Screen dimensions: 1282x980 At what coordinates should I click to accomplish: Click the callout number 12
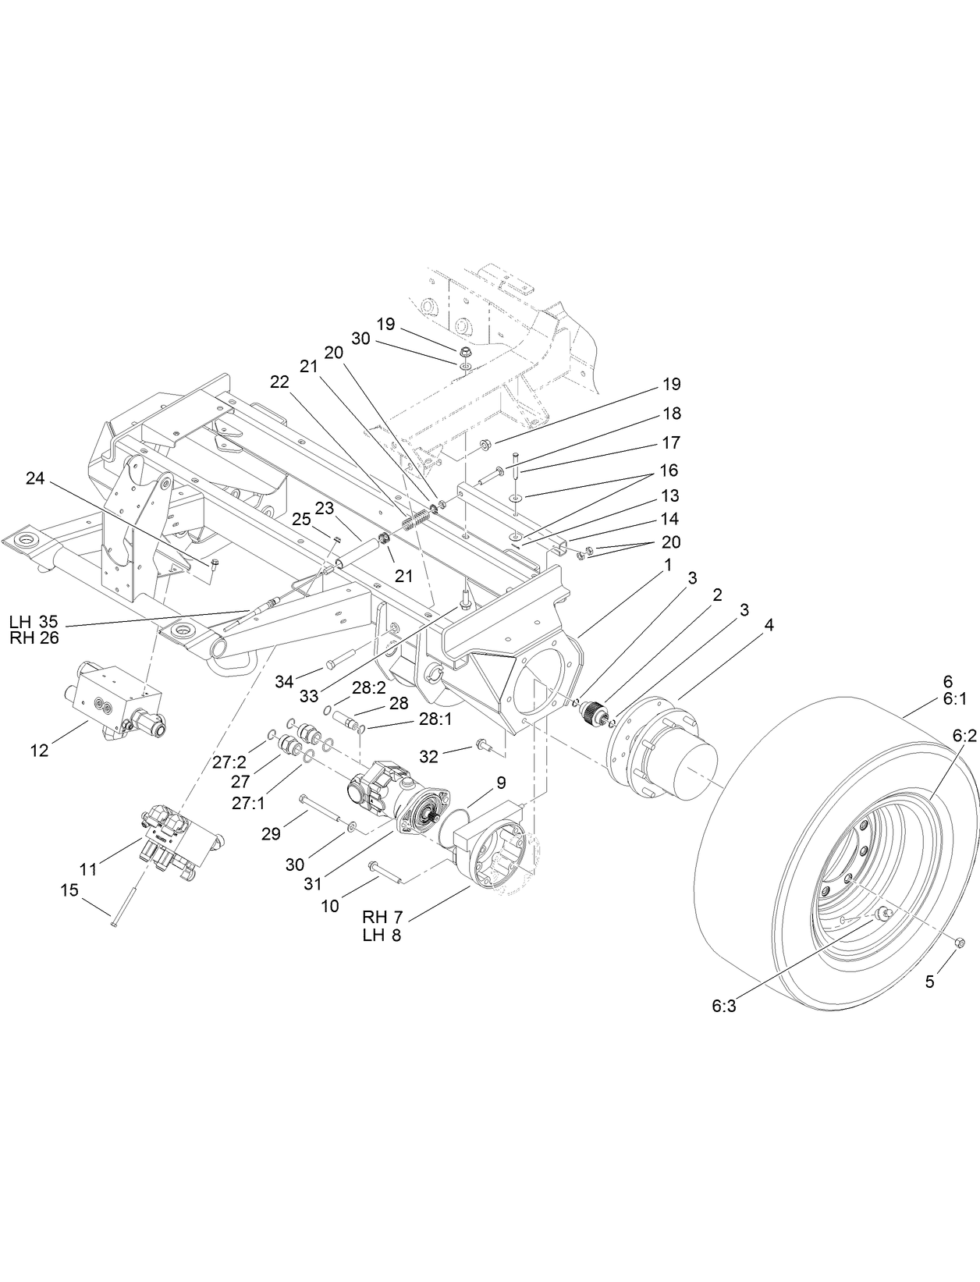point(39,751)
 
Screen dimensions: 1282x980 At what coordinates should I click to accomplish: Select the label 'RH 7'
point(382,915)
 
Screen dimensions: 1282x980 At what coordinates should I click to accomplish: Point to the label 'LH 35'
point(34,622)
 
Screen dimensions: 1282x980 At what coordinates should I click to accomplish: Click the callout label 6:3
point(723,1007)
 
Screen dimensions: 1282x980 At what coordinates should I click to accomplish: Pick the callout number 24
point(35,478)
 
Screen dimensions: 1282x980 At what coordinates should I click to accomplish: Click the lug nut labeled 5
point(959,943)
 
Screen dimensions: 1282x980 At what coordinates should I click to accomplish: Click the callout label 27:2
point(229,762)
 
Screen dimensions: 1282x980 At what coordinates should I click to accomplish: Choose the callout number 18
point(672,413)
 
